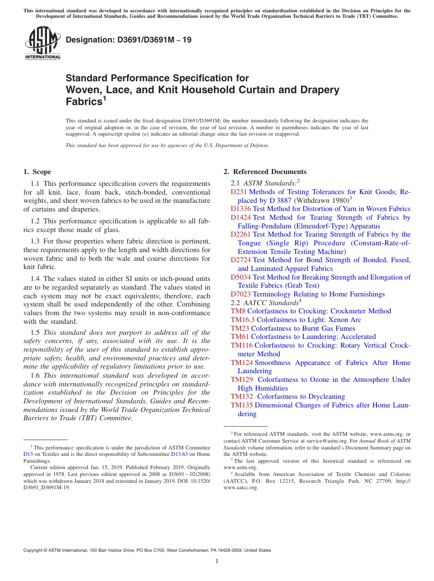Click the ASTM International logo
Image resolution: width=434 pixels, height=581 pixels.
(42, 43)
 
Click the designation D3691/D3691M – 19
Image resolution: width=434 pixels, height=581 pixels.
(128, 40)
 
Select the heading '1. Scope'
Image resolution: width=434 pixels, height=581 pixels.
(37, 172)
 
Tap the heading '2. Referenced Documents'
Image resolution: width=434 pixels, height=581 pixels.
(265, 172)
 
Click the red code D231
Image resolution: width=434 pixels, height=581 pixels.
(238, 192)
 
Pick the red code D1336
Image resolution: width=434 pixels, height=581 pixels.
(241, 209)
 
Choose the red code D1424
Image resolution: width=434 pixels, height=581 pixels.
(241, 217)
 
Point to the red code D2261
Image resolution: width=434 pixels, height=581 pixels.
(241, 234)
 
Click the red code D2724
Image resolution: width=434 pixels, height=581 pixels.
(241, 260)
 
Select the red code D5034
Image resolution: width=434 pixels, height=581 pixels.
(241, 277)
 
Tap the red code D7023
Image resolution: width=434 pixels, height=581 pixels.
(241, 294)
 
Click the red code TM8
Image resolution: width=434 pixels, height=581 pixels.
(238, 311)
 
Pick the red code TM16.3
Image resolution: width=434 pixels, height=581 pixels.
(243, 320)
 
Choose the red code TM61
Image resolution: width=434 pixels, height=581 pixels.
(240, 337)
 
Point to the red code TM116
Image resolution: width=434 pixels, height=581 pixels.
(242, 345)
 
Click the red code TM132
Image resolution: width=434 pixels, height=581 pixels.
(242, 396)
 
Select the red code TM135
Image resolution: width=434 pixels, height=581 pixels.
(242, 405)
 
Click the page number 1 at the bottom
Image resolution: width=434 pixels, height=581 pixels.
(217, 561)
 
